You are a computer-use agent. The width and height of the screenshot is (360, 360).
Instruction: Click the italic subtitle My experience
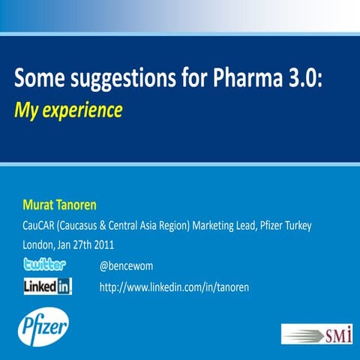coord(68,110)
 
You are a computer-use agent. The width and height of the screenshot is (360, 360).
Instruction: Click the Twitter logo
coord(45,264)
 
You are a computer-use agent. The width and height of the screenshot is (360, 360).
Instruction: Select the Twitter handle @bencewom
coord(126,265)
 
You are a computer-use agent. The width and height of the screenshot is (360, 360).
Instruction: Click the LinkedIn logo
coord(48,286)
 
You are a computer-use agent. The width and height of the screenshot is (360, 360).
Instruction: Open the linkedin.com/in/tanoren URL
coord(173,286)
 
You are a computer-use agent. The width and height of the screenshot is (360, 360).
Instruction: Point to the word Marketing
coord(196,225)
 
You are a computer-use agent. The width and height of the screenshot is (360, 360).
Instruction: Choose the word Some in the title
coord(38,78)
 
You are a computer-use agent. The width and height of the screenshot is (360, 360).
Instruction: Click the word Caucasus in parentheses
coord(85,225)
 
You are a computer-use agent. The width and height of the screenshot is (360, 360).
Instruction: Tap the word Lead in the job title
coord(235,225)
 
